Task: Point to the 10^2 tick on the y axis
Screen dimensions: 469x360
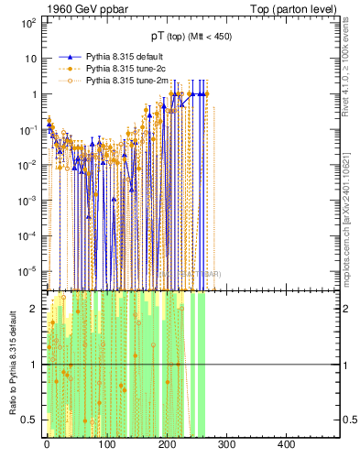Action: click(x=27, y=23)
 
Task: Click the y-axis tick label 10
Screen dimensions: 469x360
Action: click(x=29, y=59)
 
